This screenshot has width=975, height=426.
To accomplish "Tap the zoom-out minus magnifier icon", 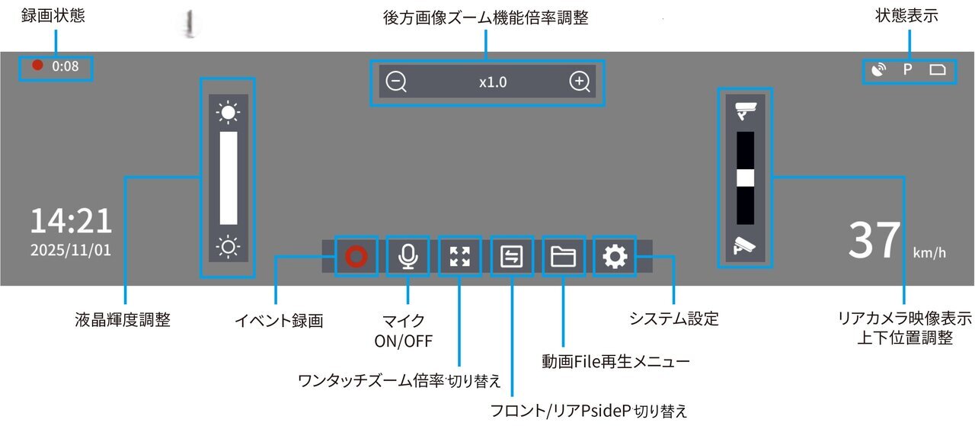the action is [396, 82].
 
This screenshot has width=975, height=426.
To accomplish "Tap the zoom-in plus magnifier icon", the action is [580, 82].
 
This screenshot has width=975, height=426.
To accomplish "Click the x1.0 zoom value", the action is [493, 82].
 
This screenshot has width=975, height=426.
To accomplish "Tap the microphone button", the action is [408, 257].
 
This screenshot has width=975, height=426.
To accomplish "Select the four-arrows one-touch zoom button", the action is [459, 257].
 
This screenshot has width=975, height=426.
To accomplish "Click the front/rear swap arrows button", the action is [511, 257].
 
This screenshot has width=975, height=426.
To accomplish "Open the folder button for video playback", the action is [563, 257].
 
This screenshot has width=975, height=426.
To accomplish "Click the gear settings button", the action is [615, 257].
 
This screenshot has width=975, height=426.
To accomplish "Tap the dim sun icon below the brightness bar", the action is [228, 248].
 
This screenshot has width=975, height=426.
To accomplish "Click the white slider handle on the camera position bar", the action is [745, 178].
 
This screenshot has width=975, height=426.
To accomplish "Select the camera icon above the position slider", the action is [746, 111].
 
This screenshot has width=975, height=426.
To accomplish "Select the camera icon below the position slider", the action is [745, 246].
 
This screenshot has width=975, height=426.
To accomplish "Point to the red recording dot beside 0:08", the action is [38, 66].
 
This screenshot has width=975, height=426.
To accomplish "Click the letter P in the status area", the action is [907, 69].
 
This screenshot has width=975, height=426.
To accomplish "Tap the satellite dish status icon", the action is [878, 69].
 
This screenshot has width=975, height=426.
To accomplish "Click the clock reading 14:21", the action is [71, 221].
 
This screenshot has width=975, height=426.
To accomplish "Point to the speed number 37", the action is [874, 240].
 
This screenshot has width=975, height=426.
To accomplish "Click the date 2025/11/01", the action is [71, 250].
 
